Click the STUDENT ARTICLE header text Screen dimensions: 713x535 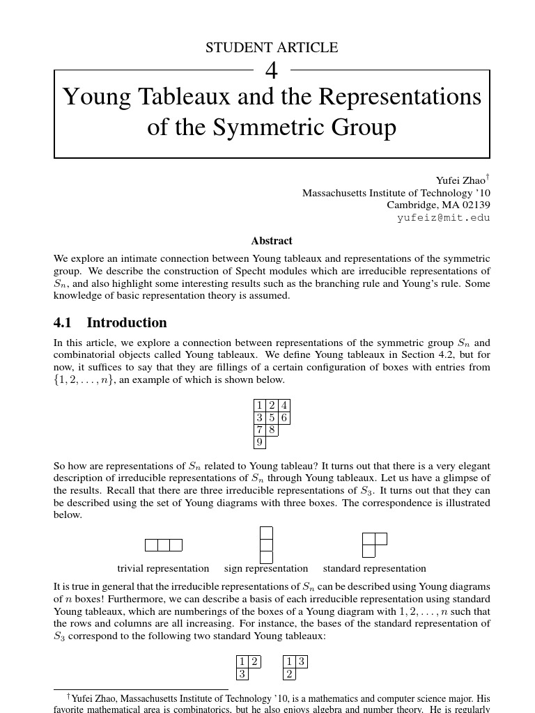point(272,48)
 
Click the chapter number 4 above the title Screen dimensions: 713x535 point(272,70)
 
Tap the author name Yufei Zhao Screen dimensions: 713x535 point(459,180)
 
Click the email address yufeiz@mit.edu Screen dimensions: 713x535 point(443,217)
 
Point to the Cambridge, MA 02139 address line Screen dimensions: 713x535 point(438,205)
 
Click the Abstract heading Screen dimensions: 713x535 point(272,241)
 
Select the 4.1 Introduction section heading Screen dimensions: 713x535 point(110,322)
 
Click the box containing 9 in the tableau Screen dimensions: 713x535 point(259,442)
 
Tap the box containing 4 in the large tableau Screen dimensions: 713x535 point(284,405)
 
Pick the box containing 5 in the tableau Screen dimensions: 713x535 point(272,418)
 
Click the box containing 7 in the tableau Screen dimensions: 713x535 point(259,430)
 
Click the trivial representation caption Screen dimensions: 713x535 point(163,568)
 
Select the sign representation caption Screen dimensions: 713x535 point(266,568)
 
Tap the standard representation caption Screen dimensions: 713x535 point(374,568)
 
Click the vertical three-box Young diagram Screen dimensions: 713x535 point(266,544)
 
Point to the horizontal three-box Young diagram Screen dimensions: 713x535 point(164,544)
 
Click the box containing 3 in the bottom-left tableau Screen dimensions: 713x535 point(242,674)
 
